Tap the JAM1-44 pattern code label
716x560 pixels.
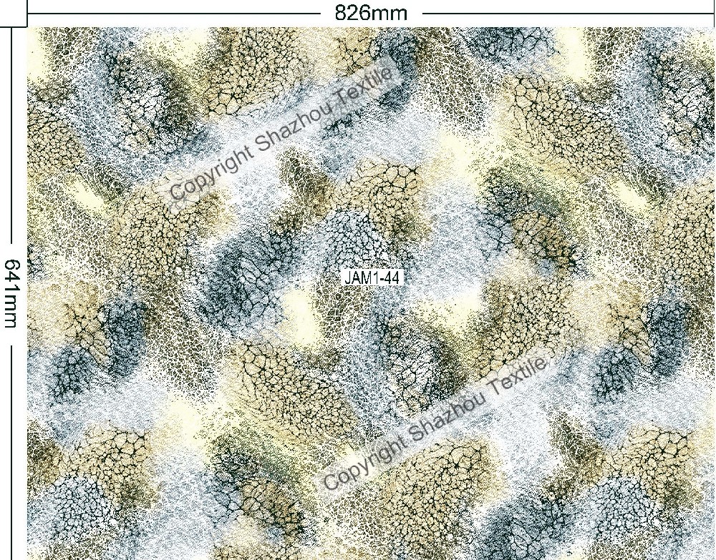(372, 277)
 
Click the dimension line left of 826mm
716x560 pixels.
(172, 12)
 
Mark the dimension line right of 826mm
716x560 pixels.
(566, 12)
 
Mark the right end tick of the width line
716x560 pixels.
(713, 12)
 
